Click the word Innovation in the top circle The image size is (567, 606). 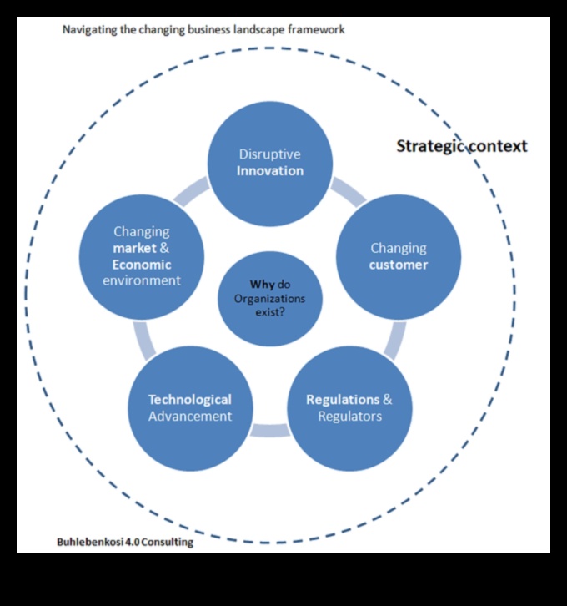[x=269, y=171]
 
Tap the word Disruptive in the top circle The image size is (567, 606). [x=269, y=154]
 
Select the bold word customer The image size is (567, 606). [x=399, y=265]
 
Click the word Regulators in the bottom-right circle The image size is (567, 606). [x=349, y=416]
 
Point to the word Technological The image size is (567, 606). [x=190, y=400]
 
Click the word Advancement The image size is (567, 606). [x=190, y=416]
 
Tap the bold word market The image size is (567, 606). [x=136, y=248]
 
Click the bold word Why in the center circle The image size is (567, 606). [x=263, y=284]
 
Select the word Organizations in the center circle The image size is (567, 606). [x=269, y=299]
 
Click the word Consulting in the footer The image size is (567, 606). [x=167, y=542]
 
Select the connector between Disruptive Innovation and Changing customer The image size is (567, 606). [x=348, y=192]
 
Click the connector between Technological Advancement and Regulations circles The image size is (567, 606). [x=269, y=431]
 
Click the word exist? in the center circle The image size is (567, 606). [x=269, y=314]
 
